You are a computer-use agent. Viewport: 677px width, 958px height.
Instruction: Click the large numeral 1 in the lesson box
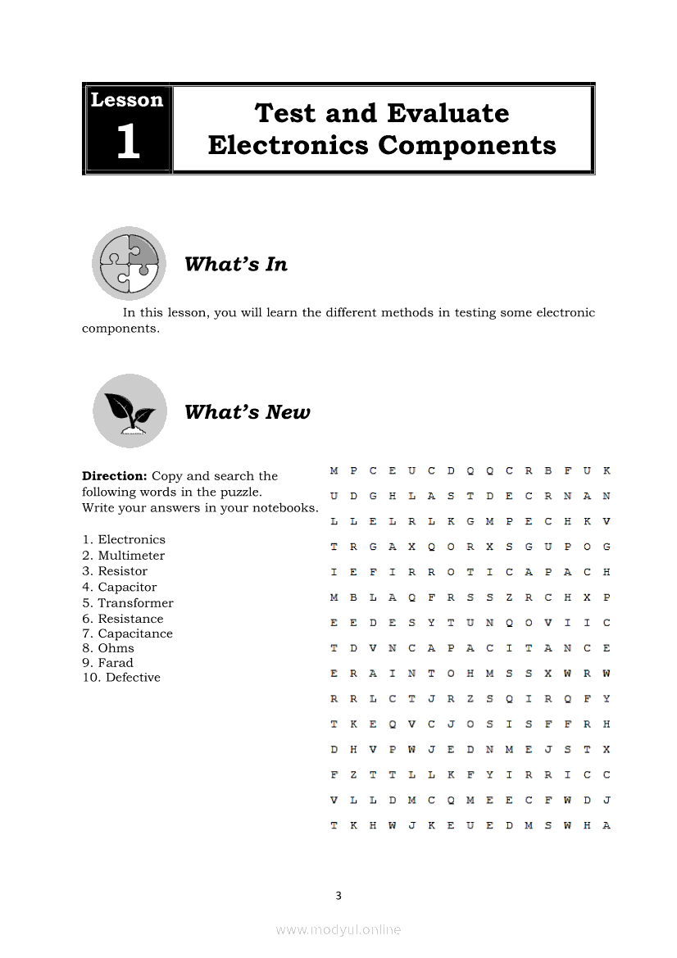pyautogui.click(x=128, y=142)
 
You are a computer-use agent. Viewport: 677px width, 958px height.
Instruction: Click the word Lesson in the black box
pyautogui.click(x=127, y=100)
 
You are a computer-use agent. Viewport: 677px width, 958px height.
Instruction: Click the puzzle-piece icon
pyautogui.click(x=129, y=263)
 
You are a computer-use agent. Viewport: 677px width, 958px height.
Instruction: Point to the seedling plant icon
pyautogui.click(x=129, y=411)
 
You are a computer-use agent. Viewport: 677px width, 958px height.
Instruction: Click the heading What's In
pyautogui.click(x=236, y=264)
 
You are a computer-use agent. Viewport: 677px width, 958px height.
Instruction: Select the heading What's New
pyautogui.click(x=248, y=411)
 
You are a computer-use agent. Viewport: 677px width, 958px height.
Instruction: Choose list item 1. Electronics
pyautogui.click(x=124, y=539)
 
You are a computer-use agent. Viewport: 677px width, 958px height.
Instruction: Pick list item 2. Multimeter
pyautogui.click(x=124, y=556)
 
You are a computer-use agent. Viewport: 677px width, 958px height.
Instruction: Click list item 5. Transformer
pyautogui.click(x=128, y=603)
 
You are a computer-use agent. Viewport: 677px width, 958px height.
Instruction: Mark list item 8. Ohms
pyautogui.click(x=108, y=648)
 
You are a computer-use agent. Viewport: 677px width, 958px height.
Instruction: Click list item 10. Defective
pyautogui.click(x=121, y=678)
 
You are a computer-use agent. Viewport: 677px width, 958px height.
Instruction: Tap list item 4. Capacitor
pyautogui.click(x=120, y=587)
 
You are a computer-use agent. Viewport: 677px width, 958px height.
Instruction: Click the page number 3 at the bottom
pyautogui.click(x=338, y=896)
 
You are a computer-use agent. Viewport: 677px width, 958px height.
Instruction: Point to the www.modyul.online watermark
pyautogui.click(x=338, y=929)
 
